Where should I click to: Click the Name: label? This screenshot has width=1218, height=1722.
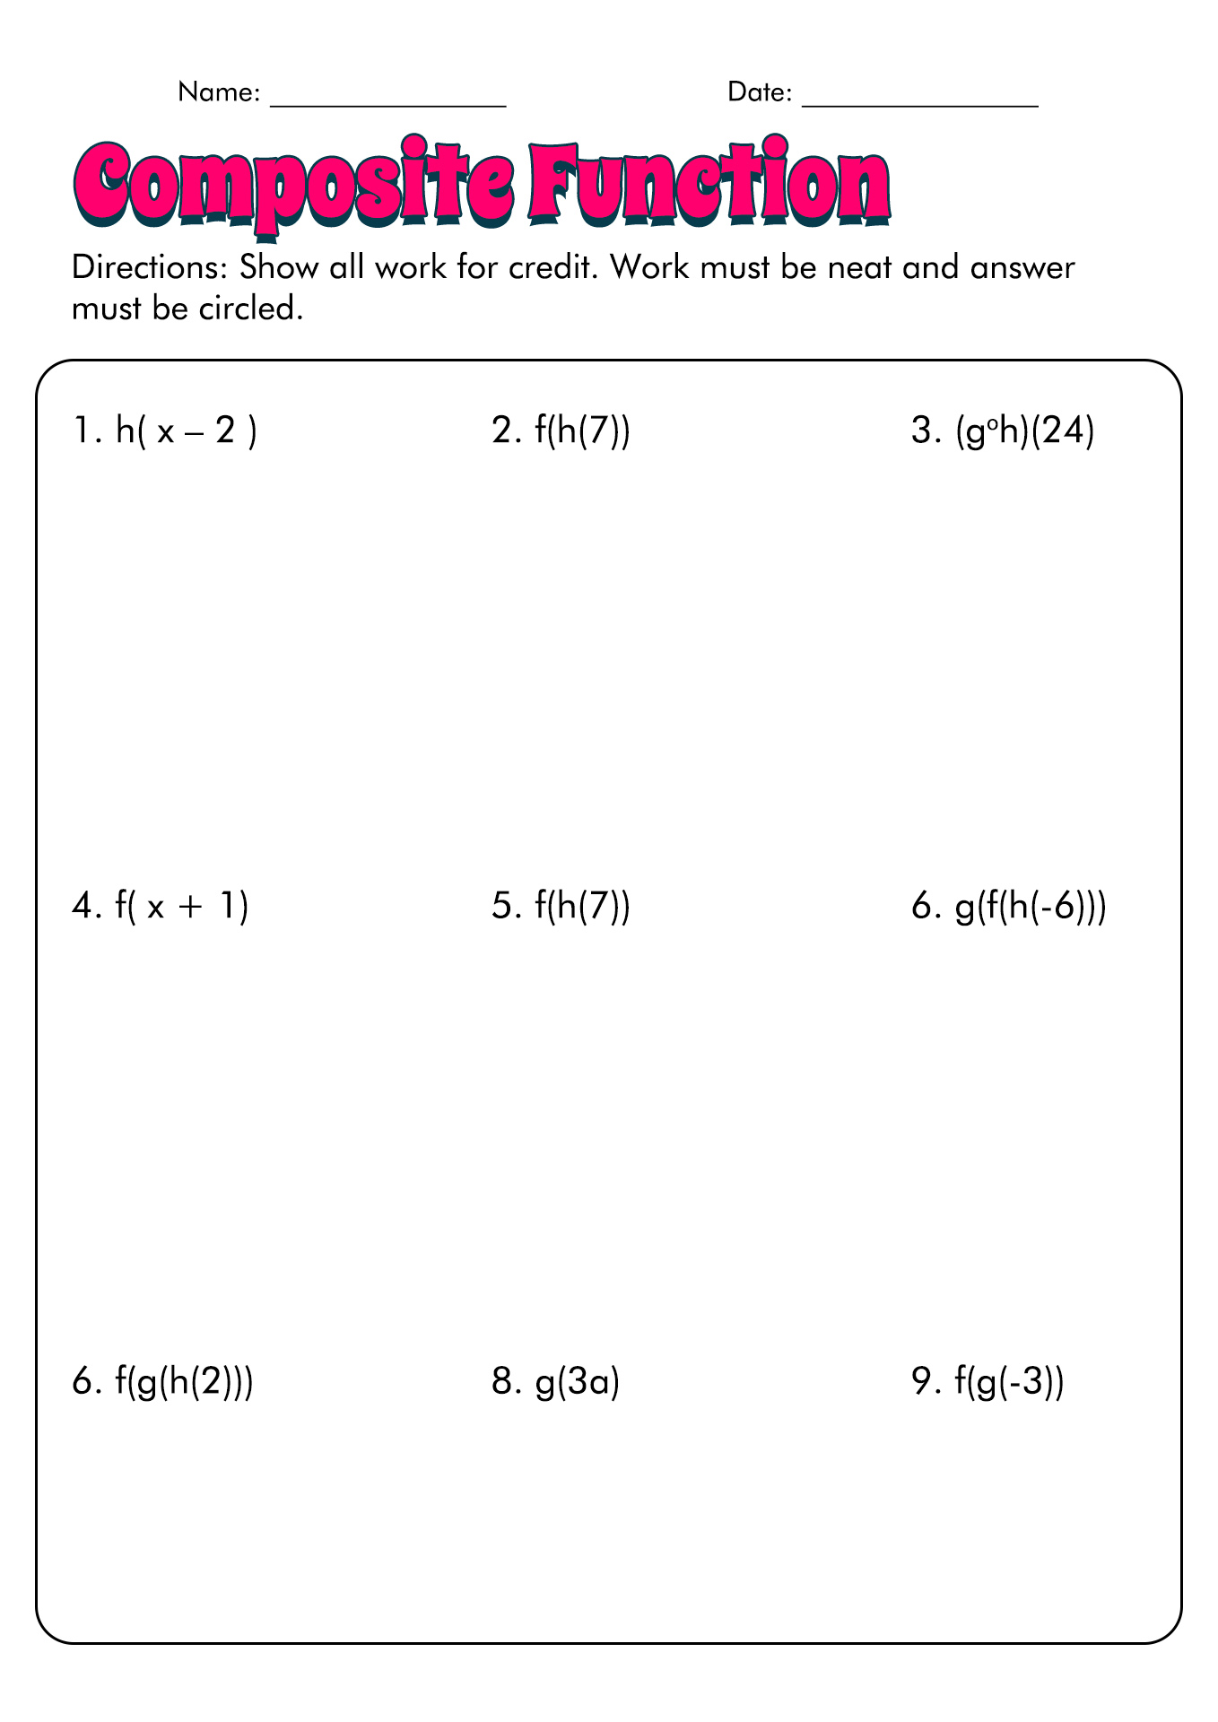click(219, 92)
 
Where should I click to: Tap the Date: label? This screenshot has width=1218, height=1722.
click(760, 92)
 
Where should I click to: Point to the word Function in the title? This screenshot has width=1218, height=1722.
click(709, 184)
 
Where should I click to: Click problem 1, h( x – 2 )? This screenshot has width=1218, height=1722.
click(165, 432)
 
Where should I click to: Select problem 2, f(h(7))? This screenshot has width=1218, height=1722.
click(561, 432)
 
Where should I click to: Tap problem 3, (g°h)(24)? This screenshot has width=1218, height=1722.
click(1003, 432)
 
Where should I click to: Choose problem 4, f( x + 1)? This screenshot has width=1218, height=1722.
click(161, 907)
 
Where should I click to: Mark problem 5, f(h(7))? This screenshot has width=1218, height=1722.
click(561, 907)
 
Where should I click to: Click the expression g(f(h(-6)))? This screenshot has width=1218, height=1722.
click(1031, 907)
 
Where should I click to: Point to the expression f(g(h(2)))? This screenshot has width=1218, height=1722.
click(184, 1382)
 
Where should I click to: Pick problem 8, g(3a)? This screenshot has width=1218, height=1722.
click(556, 1382)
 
